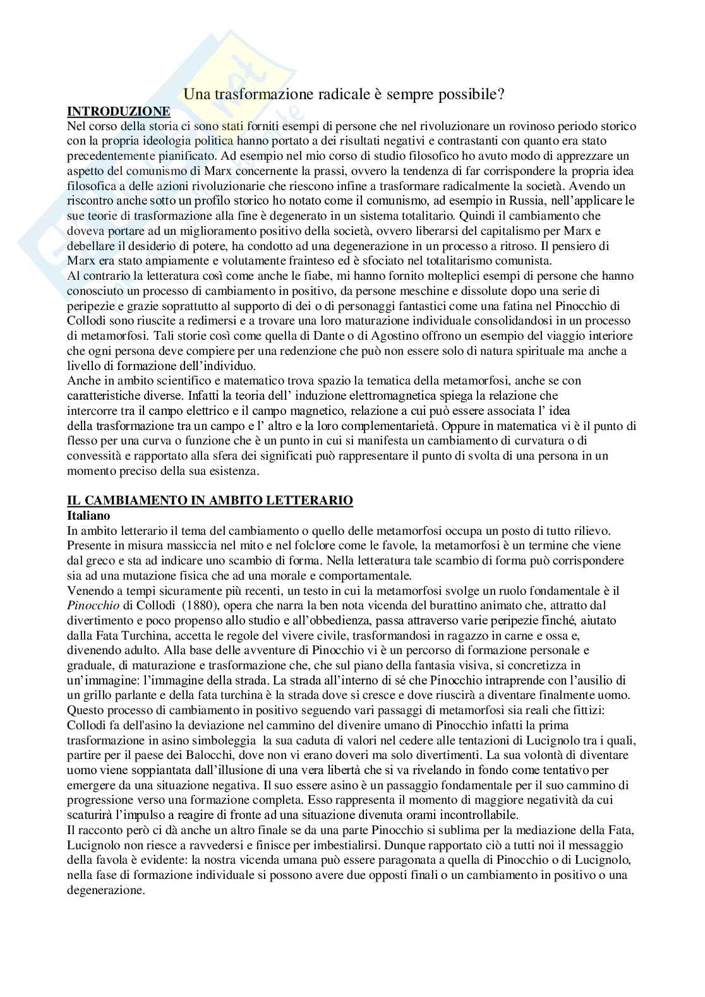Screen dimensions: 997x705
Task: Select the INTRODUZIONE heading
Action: coord(119,111)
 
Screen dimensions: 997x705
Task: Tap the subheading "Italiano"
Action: coord(87,515)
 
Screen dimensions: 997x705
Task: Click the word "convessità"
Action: coord(93,455)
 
